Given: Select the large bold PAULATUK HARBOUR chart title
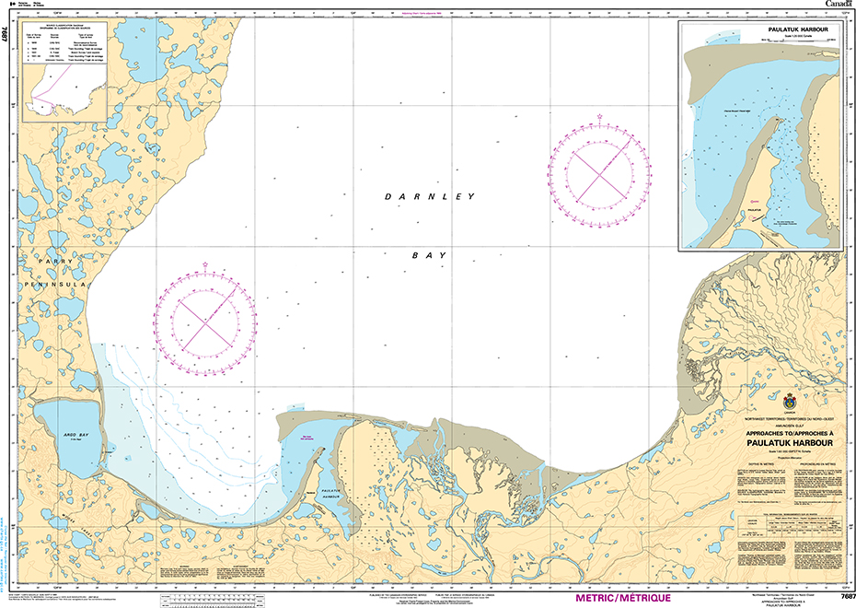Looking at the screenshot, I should tap(788, 442).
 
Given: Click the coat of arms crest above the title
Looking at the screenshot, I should tap(789, 403).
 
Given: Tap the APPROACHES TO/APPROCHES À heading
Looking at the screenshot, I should tap(788, 431).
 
